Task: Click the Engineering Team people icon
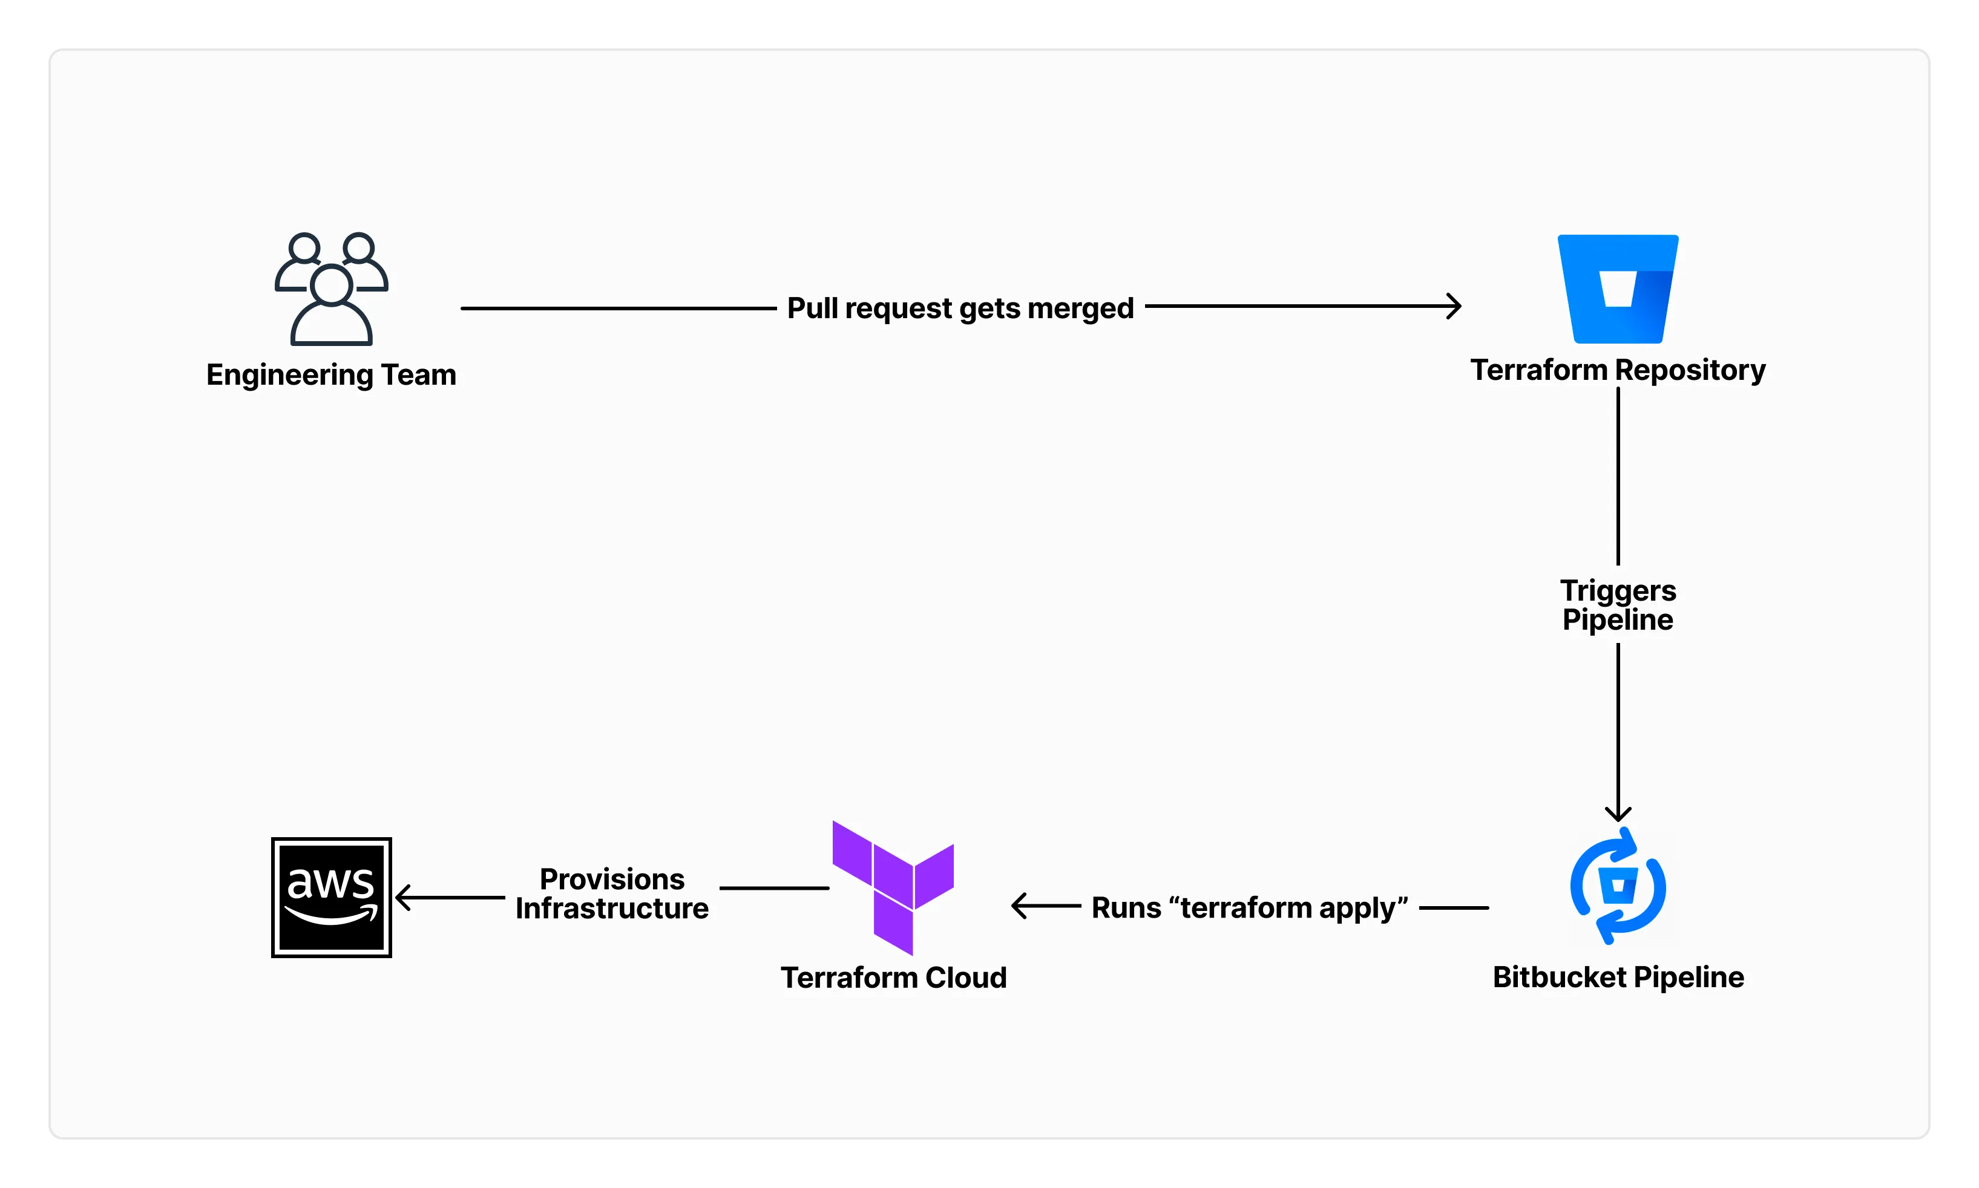point(331,289)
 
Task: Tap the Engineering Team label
point(331,374)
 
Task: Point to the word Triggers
point(1618,591)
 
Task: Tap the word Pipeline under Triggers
point(1618,619)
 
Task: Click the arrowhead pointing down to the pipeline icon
point(1618,814)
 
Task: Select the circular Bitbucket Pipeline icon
point(1618,886)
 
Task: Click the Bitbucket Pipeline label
point(1618,977)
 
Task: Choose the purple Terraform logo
point(893,887)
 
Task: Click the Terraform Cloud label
point(893,977)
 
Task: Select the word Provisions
point(612,879)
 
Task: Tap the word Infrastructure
point(612,909)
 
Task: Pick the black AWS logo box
point(331,898)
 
